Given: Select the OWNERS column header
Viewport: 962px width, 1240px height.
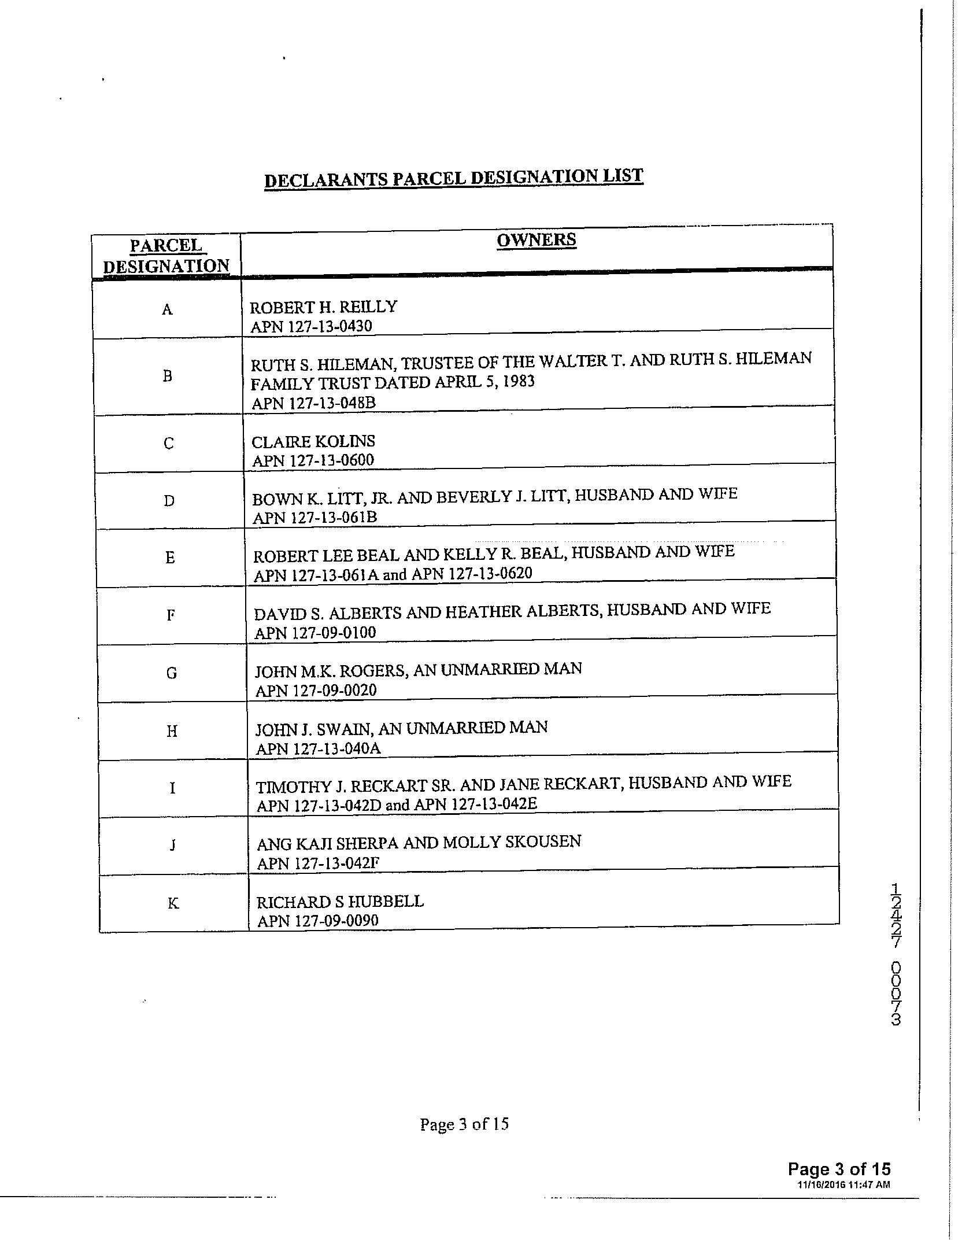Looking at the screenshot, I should (536, 239).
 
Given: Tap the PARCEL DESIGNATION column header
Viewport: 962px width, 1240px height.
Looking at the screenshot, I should (166, 256).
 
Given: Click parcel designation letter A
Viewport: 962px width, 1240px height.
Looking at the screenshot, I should (167, 309).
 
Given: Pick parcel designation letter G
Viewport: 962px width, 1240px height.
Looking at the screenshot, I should (171, 673).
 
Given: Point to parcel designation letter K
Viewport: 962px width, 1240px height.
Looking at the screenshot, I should (173, 903).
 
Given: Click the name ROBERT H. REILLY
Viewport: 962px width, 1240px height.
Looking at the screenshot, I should (323, 307).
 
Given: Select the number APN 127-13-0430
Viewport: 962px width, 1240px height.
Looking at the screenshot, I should (311, 326).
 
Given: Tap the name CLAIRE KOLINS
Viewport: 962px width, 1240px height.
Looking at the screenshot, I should (313, 441).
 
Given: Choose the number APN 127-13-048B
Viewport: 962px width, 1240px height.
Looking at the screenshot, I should (313, 403).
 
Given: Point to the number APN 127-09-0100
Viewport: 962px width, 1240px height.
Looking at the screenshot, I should (315, 632).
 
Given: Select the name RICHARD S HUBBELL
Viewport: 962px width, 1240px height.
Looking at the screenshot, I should (340, 902).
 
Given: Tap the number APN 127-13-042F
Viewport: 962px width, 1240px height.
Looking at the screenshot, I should (318, 863).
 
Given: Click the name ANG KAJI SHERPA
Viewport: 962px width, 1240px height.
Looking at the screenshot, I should (328, 843).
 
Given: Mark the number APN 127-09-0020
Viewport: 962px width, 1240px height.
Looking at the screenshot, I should (316, 690).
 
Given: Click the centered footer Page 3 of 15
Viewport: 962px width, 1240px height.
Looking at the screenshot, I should (464, 1124).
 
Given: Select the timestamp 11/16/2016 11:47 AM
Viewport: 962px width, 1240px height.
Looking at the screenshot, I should (843, 1184).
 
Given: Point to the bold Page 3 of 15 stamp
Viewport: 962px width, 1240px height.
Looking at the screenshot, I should (839, 1169).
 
